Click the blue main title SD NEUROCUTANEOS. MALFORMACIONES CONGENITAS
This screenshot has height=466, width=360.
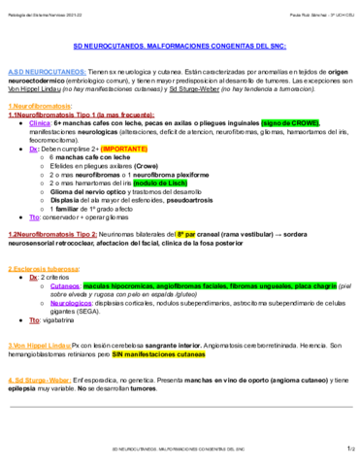point(180,46)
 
